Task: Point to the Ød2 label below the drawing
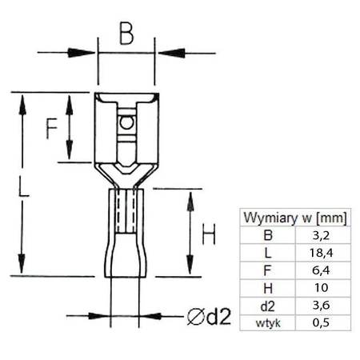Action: point(208,317)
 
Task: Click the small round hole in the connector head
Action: point(124,123)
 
